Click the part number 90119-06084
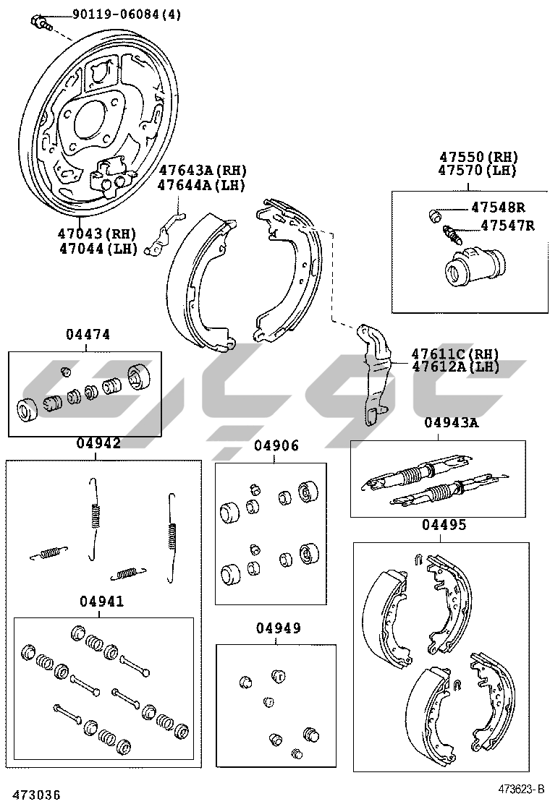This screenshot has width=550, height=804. coord(116,14)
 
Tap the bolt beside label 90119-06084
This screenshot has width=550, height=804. coord(40,22)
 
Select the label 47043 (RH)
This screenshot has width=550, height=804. coord(96,234)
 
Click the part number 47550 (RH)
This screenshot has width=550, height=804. coord(478,157)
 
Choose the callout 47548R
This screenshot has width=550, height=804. coord(498,208)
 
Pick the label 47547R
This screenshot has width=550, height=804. coord(507,225)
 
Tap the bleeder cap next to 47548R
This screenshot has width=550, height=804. coord(435,215)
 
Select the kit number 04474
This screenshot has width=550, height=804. coord(88,334)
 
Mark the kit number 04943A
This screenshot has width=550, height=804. coord(452,422)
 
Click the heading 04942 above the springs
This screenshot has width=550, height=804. coord(98,443)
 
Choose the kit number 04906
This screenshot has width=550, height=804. coord(276,445)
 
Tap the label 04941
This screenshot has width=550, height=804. coord(101,601)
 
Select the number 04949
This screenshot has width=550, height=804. coord(279,628)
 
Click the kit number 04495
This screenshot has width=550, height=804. coord(444,525)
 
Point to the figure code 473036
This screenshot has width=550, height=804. coord(36,795)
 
